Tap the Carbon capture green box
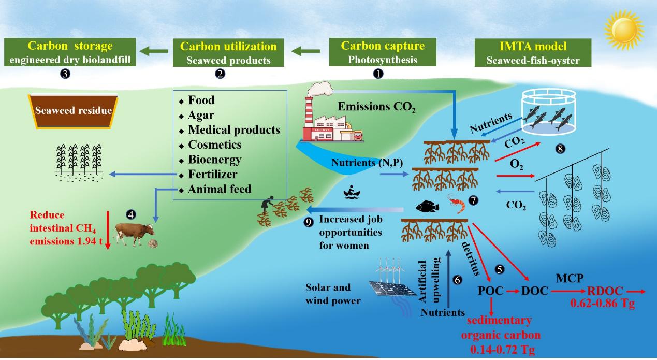click(x=383, y=52)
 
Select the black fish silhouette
click(x=428, y=207)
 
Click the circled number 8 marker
click(x=560, y=149)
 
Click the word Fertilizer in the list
click(x=213, y=174)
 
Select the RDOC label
click(x=605, y=291)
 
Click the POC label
click(x=490, y=291)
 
